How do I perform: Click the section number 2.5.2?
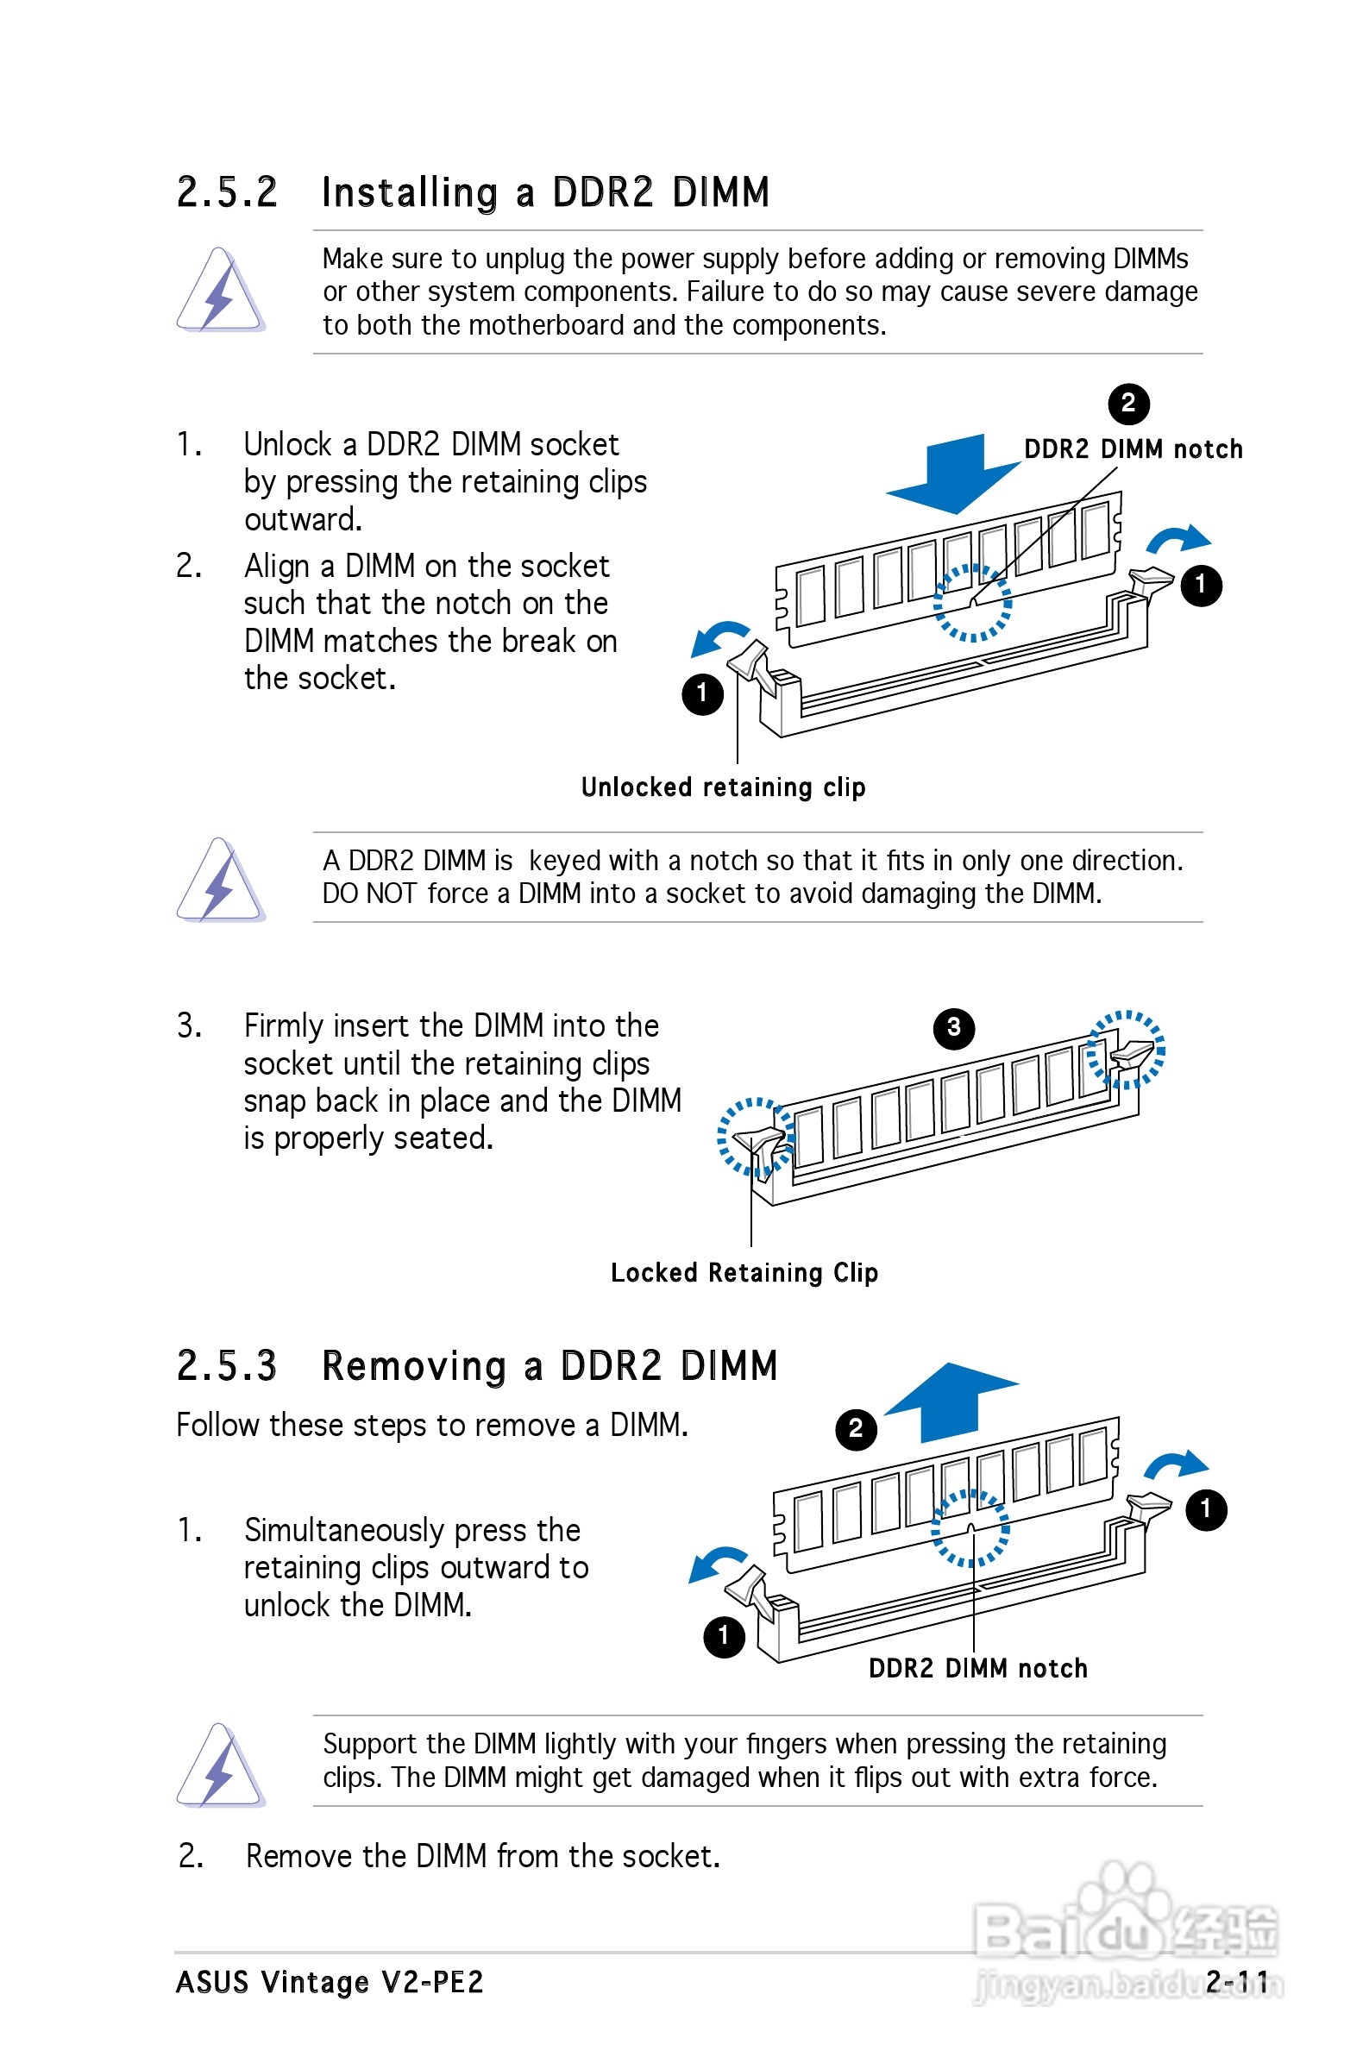pyautogui.click(x=227, y=192)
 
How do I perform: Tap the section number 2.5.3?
pyautogui.click(x=227, y=1366)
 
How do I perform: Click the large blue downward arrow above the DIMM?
pyautogui.click(x=953, y=473)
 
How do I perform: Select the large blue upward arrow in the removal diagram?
pyautogui.click(x=951, y=1402)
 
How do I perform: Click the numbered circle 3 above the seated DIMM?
pyautogui.click(x=954, y=1028)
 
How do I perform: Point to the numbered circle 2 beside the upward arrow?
pyautogui.click(x=857, y=1429)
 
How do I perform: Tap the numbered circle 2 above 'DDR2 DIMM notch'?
pyautogui.click(x=1129, y=403)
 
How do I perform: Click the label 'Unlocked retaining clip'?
pyautogui.click(x=724, y=787)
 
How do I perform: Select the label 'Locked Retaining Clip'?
pyautogui.click(x=744, y=1273)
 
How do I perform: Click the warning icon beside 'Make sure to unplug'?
pyautogui.click(x=220, y=291)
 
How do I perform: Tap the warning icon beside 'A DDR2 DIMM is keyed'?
pyautogui.click(x=220, y=880)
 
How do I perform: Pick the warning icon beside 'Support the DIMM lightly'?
pyautogui.click(x=220, y=1765)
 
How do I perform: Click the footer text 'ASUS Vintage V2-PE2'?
pyautogui.click(x=330, y=1982)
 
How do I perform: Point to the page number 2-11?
pyautogui.click(x=1238, y=1982)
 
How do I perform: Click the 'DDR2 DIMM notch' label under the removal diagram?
pyautogui.click(x=978, y=1669)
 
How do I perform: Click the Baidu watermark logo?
pyautogui.click(x=1127, y=1928)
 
